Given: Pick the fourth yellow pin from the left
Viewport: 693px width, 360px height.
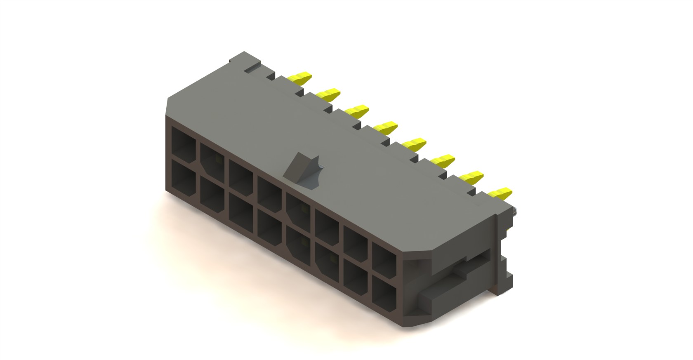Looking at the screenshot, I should (x=386, y=127).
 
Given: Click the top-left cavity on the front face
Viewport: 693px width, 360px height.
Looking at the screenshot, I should (x=184, y=141).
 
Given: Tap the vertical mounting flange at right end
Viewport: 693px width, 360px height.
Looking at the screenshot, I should (x=504, y=252).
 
